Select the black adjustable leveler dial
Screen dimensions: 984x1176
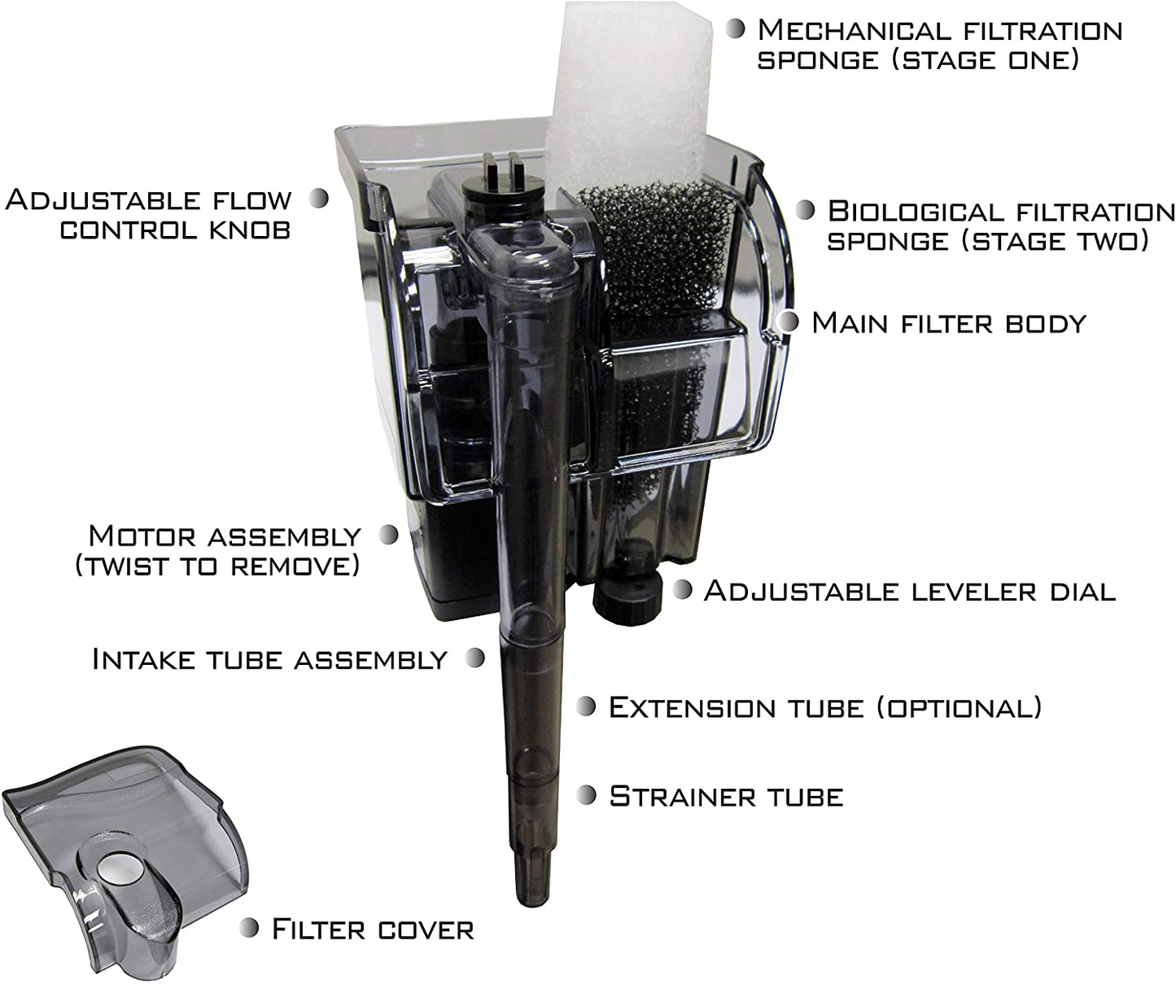tap(624, 599)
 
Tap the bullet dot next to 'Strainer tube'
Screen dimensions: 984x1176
tap(586, 795)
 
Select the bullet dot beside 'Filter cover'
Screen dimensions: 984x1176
tap(249, 927)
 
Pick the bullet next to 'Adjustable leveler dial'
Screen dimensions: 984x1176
tap(682, 589)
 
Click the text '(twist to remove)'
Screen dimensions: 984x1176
tap(216, 566)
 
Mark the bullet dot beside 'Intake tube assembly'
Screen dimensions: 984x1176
tap(475, 658)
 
